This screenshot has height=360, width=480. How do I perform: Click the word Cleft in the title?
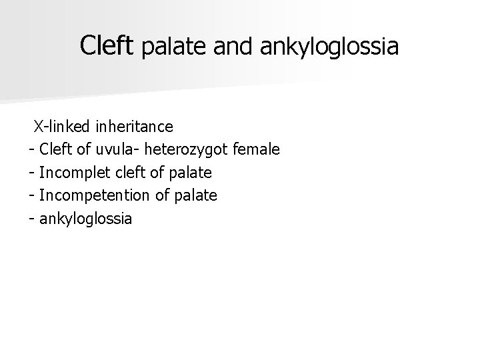pos(107,45)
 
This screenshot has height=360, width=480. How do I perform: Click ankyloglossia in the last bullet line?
pos(86,219)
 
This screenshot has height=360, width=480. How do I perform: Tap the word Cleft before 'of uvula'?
pos(56,149)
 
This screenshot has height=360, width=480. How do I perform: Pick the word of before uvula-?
pos(85,149)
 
